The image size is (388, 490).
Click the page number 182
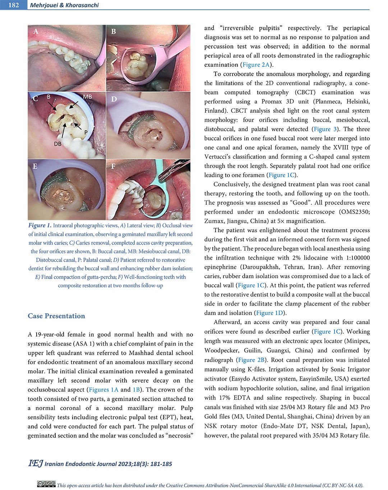(x=13, y=5)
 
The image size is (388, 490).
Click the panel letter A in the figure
(x=36, y=32)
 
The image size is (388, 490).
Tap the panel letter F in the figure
(x=113, y=166)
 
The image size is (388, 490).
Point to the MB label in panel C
(x=87, y=97)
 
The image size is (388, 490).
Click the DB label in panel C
(x=57, y=144)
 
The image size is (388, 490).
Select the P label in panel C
(x=86, y=132)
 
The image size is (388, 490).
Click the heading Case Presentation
(x=56, y=316)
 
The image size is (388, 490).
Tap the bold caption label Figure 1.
(x=40, y=225)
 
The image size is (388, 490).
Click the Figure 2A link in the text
(x=256, y=65)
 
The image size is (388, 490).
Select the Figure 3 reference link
(x=325, y=129)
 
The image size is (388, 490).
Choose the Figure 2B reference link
(x=251, y=360)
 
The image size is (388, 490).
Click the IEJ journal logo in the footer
(x=35, y=463)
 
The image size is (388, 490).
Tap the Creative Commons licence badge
(x=46, y=484)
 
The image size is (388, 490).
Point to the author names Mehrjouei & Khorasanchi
(x=64, y=5)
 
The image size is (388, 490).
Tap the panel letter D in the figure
(x=114, y=99)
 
